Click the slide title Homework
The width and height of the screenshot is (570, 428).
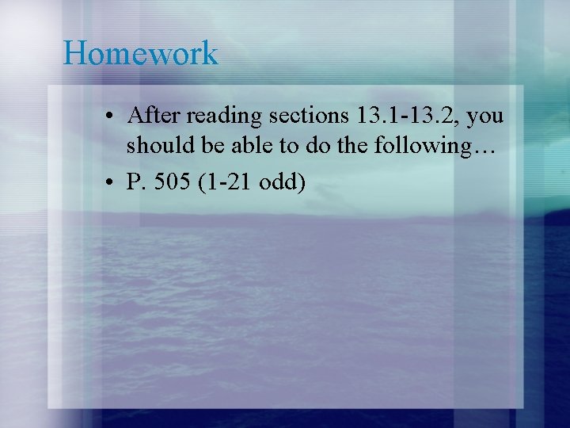pos(140,53)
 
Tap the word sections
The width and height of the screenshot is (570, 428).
pos(309,117)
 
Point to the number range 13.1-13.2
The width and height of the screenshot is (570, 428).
pos(407,117)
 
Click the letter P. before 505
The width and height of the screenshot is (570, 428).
pos(134,182)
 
